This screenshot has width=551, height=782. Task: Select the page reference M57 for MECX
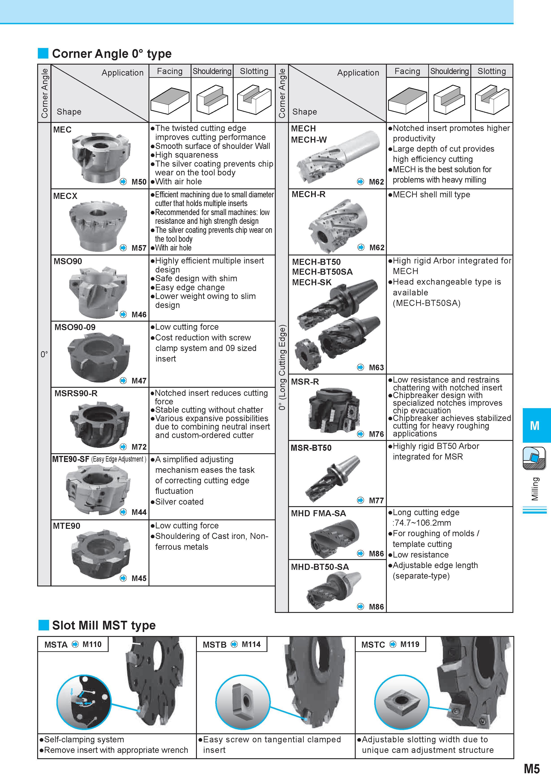click(x=139, y=248)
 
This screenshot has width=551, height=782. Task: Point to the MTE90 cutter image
click(x=101, y=554)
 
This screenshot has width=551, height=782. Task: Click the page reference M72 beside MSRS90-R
click(x=139, y=447)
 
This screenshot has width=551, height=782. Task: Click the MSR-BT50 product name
click(x=311, y=448)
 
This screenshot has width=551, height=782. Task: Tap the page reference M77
click(x=376, y=500)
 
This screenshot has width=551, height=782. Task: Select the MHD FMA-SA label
click(x=318, y=513)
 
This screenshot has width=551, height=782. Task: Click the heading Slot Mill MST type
click(x=104, y=625)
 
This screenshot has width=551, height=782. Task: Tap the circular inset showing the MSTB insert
click(x=243, y=702)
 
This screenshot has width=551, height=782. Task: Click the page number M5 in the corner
click(x=532, y=769)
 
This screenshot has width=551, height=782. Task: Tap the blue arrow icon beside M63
click(x=361, y=367)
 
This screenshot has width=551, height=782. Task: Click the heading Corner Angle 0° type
click(x=112, y=54)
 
